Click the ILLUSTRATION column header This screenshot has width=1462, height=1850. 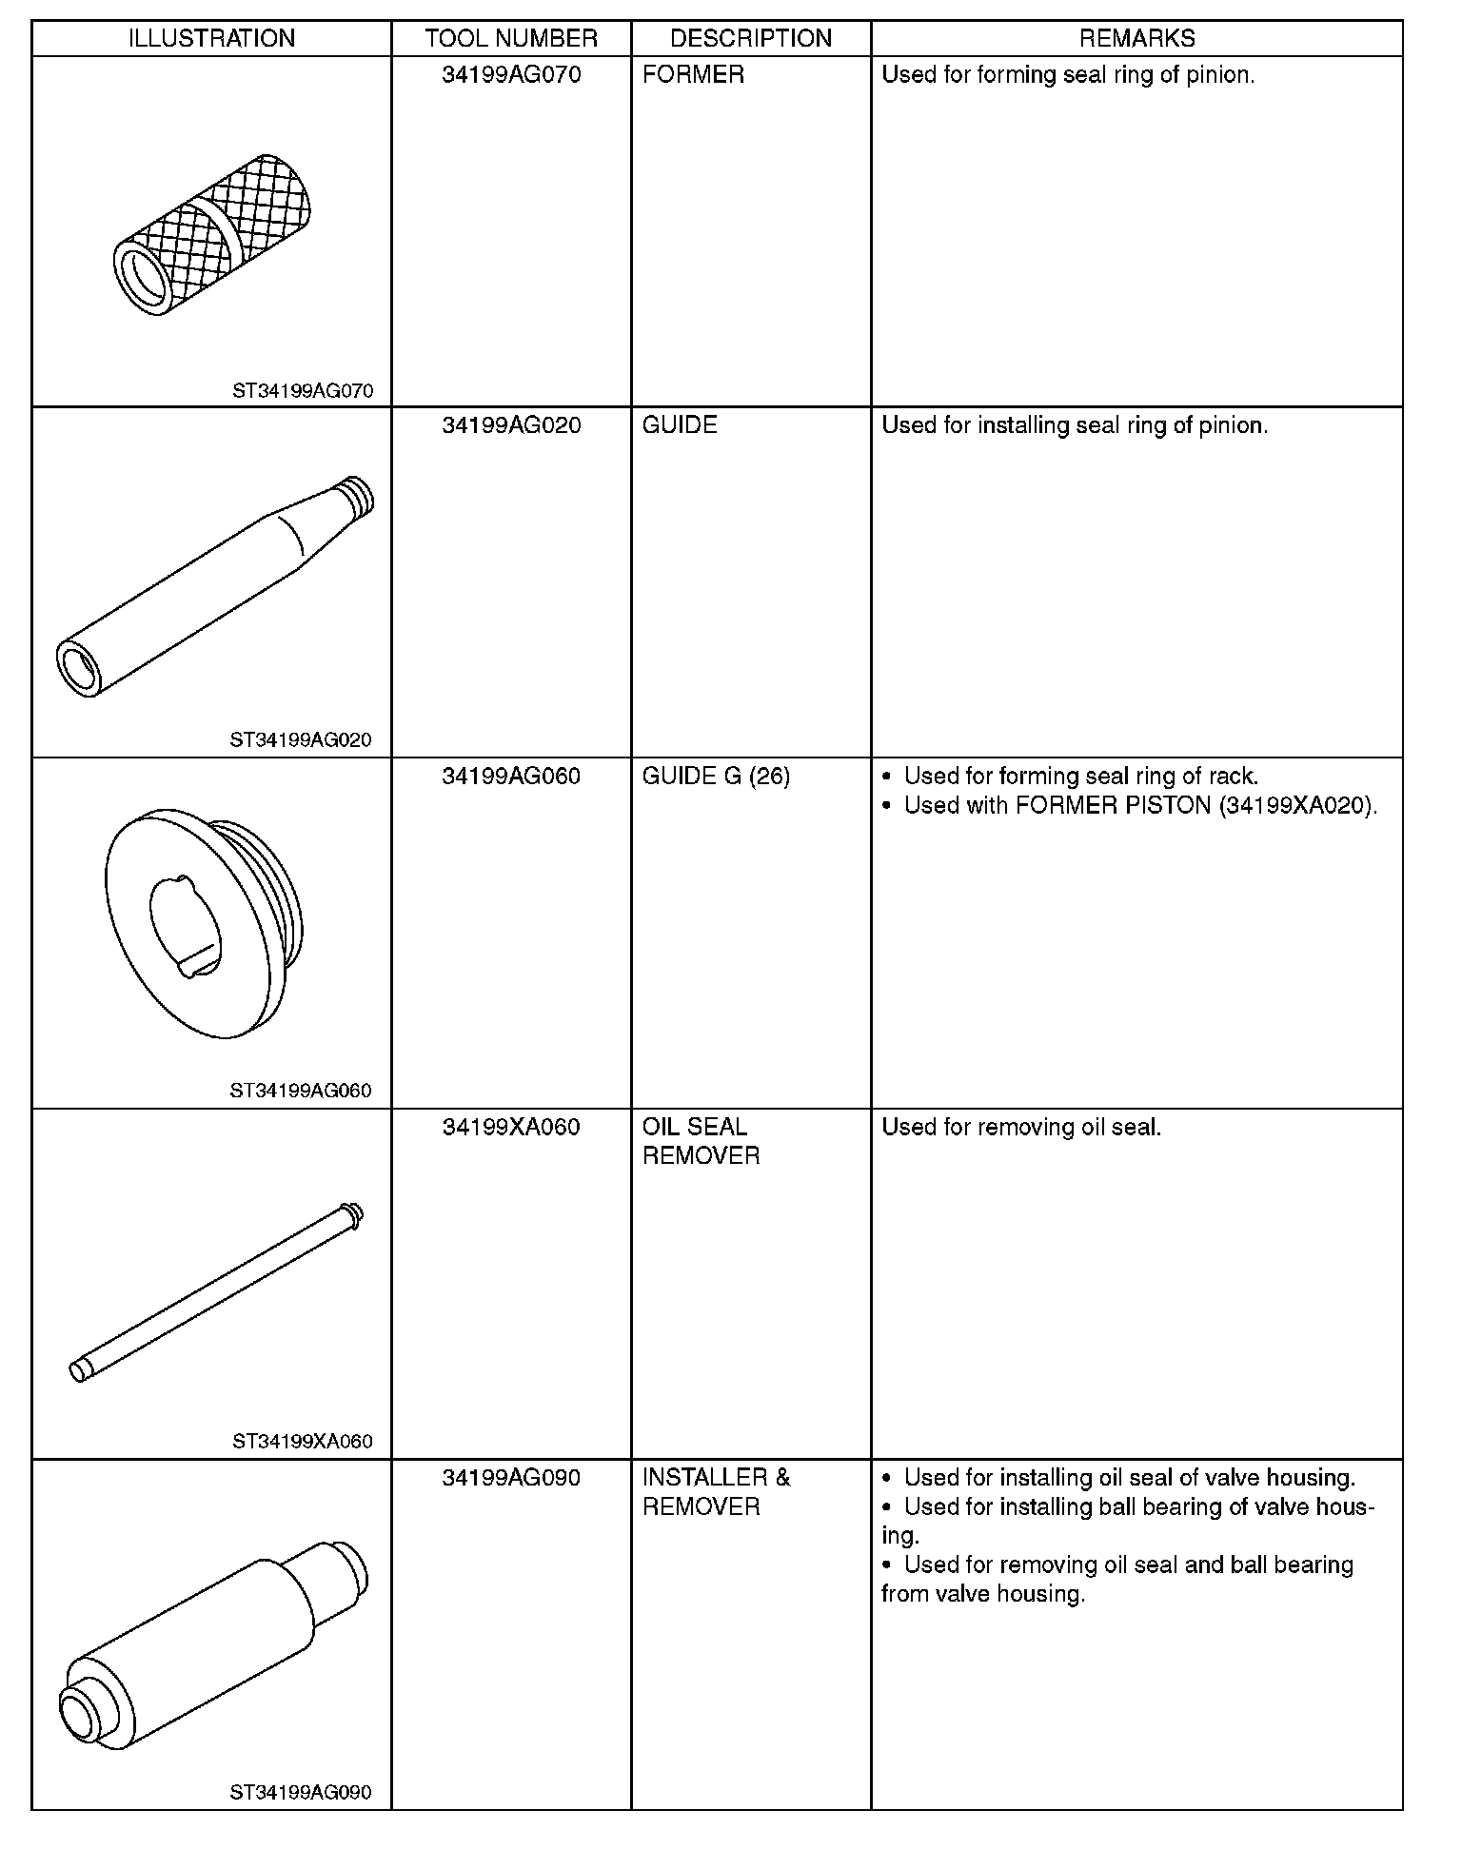click(211, 38)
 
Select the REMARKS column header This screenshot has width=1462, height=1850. click(1136, 38)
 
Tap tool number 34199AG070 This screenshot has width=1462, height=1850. click(511, 75)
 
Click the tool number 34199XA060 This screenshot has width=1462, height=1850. click(511, 1128)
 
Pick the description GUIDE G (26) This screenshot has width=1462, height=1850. click(716, 777)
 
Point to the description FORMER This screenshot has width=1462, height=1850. click(693, 75)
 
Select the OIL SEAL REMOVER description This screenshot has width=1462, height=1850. click(701, 1142)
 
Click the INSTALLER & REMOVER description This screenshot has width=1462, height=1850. click(716, 1492)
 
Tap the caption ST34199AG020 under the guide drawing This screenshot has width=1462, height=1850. click(301, 740)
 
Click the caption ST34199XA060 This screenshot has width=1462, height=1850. click(303, 1442)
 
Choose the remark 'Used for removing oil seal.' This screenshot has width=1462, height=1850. click(1021, 1128)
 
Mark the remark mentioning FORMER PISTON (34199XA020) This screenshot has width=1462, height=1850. click(1140, 806)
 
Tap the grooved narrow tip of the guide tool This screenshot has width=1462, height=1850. click(356, 498)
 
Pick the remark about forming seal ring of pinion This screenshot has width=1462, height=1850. click(1068, 75)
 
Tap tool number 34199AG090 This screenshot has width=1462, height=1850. click(511, 1478)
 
